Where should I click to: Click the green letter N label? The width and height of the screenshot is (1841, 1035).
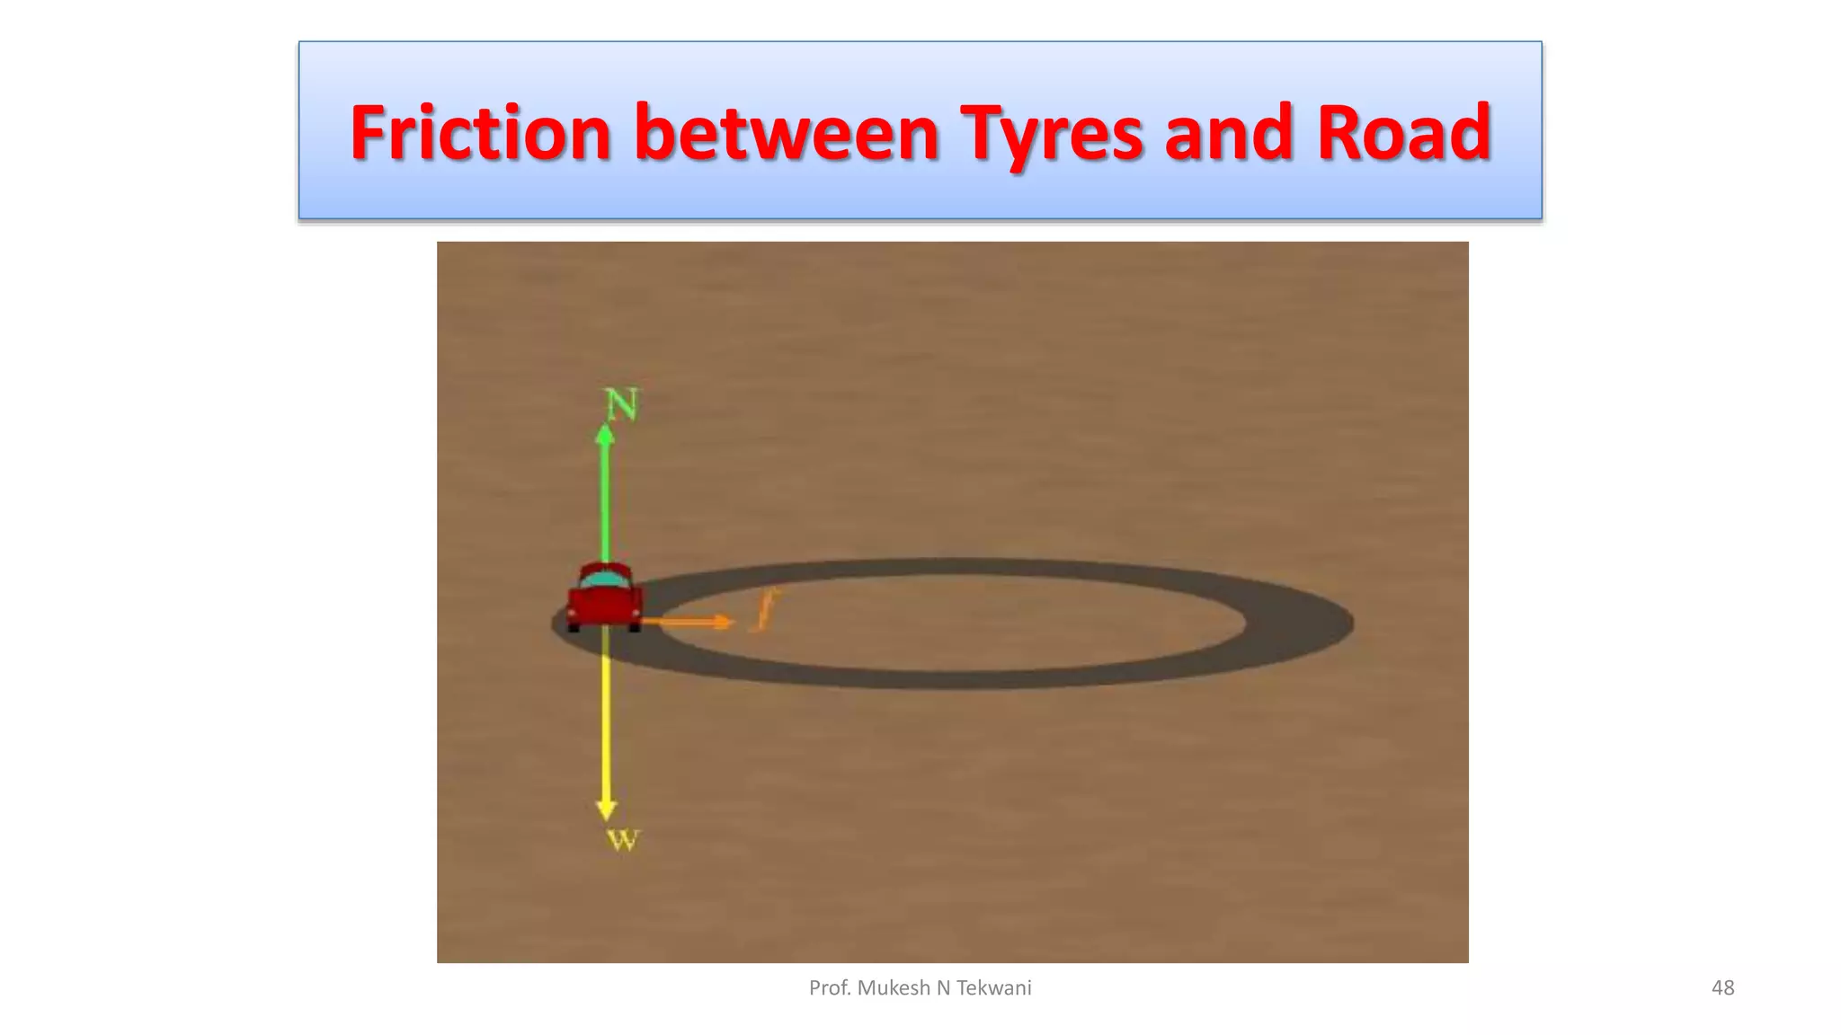click(621, 404)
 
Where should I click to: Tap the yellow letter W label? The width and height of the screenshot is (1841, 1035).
click(622, 841)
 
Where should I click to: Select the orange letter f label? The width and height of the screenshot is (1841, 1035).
click(765, 611)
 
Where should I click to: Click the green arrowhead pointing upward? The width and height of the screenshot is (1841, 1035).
click(605, 435)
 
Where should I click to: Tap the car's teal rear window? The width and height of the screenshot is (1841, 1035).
click(605, 580)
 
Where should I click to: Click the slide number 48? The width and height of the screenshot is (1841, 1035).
click(1722, 988)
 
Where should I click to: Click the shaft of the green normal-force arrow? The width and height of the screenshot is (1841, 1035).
click(605, 503)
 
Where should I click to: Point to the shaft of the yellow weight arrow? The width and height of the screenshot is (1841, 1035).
click(606, 719)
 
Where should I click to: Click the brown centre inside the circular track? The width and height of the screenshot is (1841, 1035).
click(953, 622)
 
